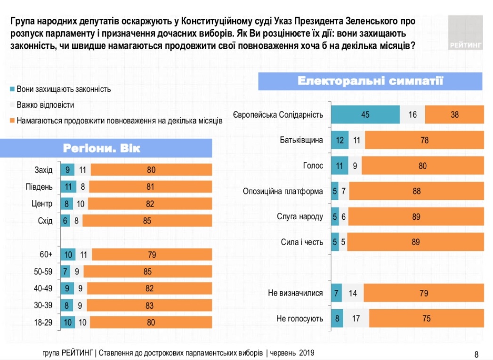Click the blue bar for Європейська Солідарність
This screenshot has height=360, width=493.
click(x=365, y=114)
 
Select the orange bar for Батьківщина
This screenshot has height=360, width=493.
click(x=424, y=140)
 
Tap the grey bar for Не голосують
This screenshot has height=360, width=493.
click(x=356, y=319)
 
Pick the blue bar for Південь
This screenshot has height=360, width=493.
click(x=68, y=187)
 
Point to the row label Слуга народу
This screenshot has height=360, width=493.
click(x=300, y=216)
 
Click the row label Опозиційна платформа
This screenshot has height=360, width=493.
click(x=283, y=191)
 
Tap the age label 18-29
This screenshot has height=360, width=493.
click(x=43, y=322)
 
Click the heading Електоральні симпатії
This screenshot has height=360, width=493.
click(x=370, y=81)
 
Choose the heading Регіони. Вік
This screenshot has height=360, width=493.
click(x=102, y=149)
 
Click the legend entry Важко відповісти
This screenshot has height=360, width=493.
click(x=45, y=105)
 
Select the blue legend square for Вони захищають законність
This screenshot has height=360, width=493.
click(x=12, y=89)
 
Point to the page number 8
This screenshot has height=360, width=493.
click(x=476, y=354)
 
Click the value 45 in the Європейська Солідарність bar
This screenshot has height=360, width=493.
click(x=365, y=114)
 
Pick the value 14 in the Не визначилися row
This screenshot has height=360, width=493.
click(x=353, y=293)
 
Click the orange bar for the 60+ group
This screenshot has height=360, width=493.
click(x=152, y=255)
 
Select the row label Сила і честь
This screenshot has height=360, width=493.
click(x=302, y=242)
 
